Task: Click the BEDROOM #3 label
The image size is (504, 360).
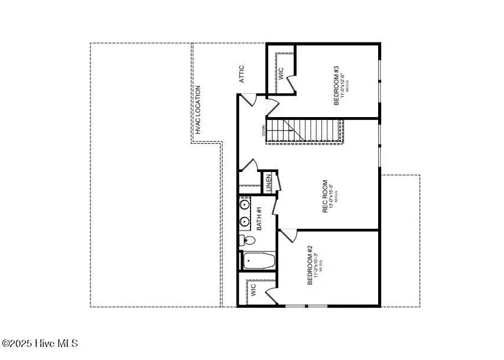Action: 337,89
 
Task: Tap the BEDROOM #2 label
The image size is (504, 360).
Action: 310,265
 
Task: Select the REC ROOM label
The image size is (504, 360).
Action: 325,197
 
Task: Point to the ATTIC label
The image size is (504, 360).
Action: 242,74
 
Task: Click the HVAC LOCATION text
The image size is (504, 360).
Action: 198,110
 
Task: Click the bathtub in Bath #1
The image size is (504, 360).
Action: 259,261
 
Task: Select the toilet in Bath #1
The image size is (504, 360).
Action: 248,241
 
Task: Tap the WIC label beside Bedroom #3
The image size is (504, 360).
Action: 281,73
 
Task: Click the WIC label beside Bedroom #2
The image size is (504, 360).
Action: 253,291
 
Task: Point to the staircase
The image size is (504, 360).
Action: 305,131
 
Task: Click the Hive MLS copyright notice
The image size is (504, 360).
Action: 40,343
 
